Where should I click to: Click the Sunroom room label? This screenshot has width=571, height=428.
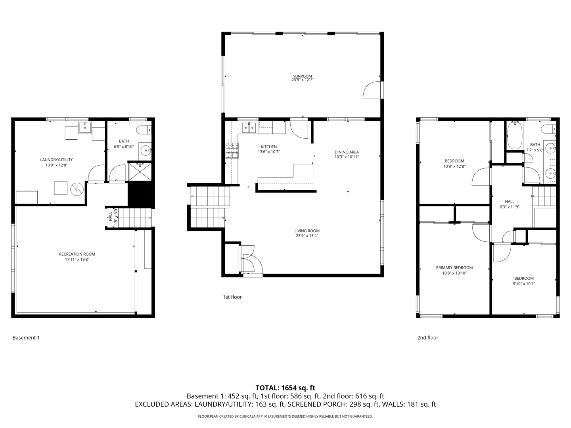click(x=302, y=76)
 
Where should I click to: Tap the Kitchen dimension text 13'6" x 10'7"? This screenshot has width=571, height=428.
click(x=269, y=152)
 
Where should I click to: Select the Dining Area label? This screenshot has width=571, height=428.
click(x=347, y=152)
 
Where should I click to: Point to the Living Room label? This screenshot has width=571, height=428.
click(x=307, y=231)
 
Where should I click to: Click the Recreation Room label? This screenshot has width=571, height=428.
click(x=77, y=254)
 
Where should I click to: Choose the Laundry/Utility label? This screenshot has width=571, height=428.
click(x=56, y=160)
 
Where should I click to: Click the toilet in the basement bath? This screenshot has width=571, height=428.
click(x=143, y=129)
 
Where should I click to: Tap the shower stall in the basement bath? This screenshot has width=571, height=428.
click(x=140, y=172)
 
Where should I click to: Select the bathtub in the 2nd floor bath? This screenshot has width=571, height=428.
click(x=515, y=136)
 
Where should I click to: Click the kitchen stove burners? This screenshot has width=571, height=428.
click(x=232, y=151)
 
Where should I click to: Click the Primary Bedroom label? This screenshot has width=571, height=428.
click(x=454, y=268)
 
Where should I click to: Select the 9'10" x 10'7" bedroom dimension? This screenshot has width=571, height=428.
click(x=524, y=284)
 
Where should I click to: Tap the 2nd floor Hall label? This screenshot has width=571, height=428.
click(x=510, y=202)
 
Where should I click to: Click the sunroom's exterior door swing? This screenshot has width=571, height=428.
click(x=372, y=90)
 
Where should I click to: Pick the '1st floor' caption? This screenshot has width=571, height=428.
click(x=232, y=297)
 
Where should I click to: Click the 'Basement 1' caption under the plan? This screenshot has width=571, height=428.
click(x=26, y=338)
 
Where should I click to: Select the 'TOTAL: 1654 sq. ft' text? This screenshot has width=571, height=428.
click(x=285, y=388)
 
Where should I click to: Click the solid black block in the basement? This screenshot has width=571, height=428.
click(x=140, y=195)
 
